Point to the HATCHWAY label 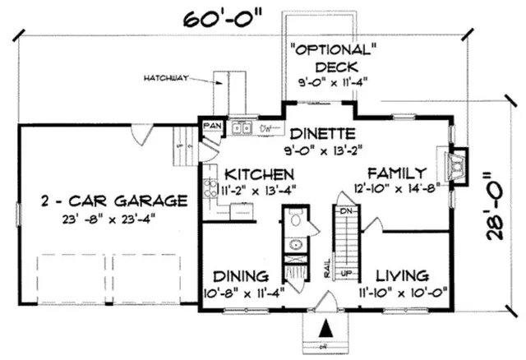[x=167, y=78]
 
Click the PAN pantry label [x=212, y=126]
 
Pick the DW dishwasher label [x=266, y=128]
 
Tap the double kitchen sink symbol [x=241, y=127]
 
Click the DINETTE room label [x=321, y=133]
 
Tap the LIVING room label [x=401, y=275]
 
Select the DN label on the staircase [x=346, y=210]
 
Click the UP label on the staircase [x=346, y=272]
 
